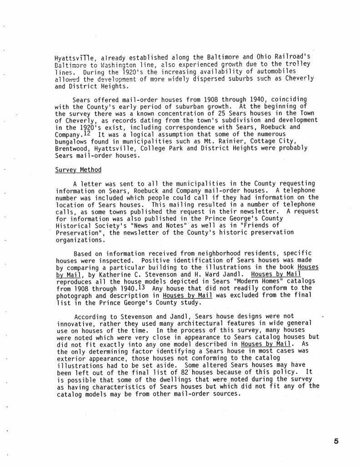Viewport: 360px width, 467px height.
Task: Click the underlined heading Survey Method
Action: point(78,170)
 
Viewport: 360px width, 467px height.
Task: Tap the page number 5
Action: point(336,441)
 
